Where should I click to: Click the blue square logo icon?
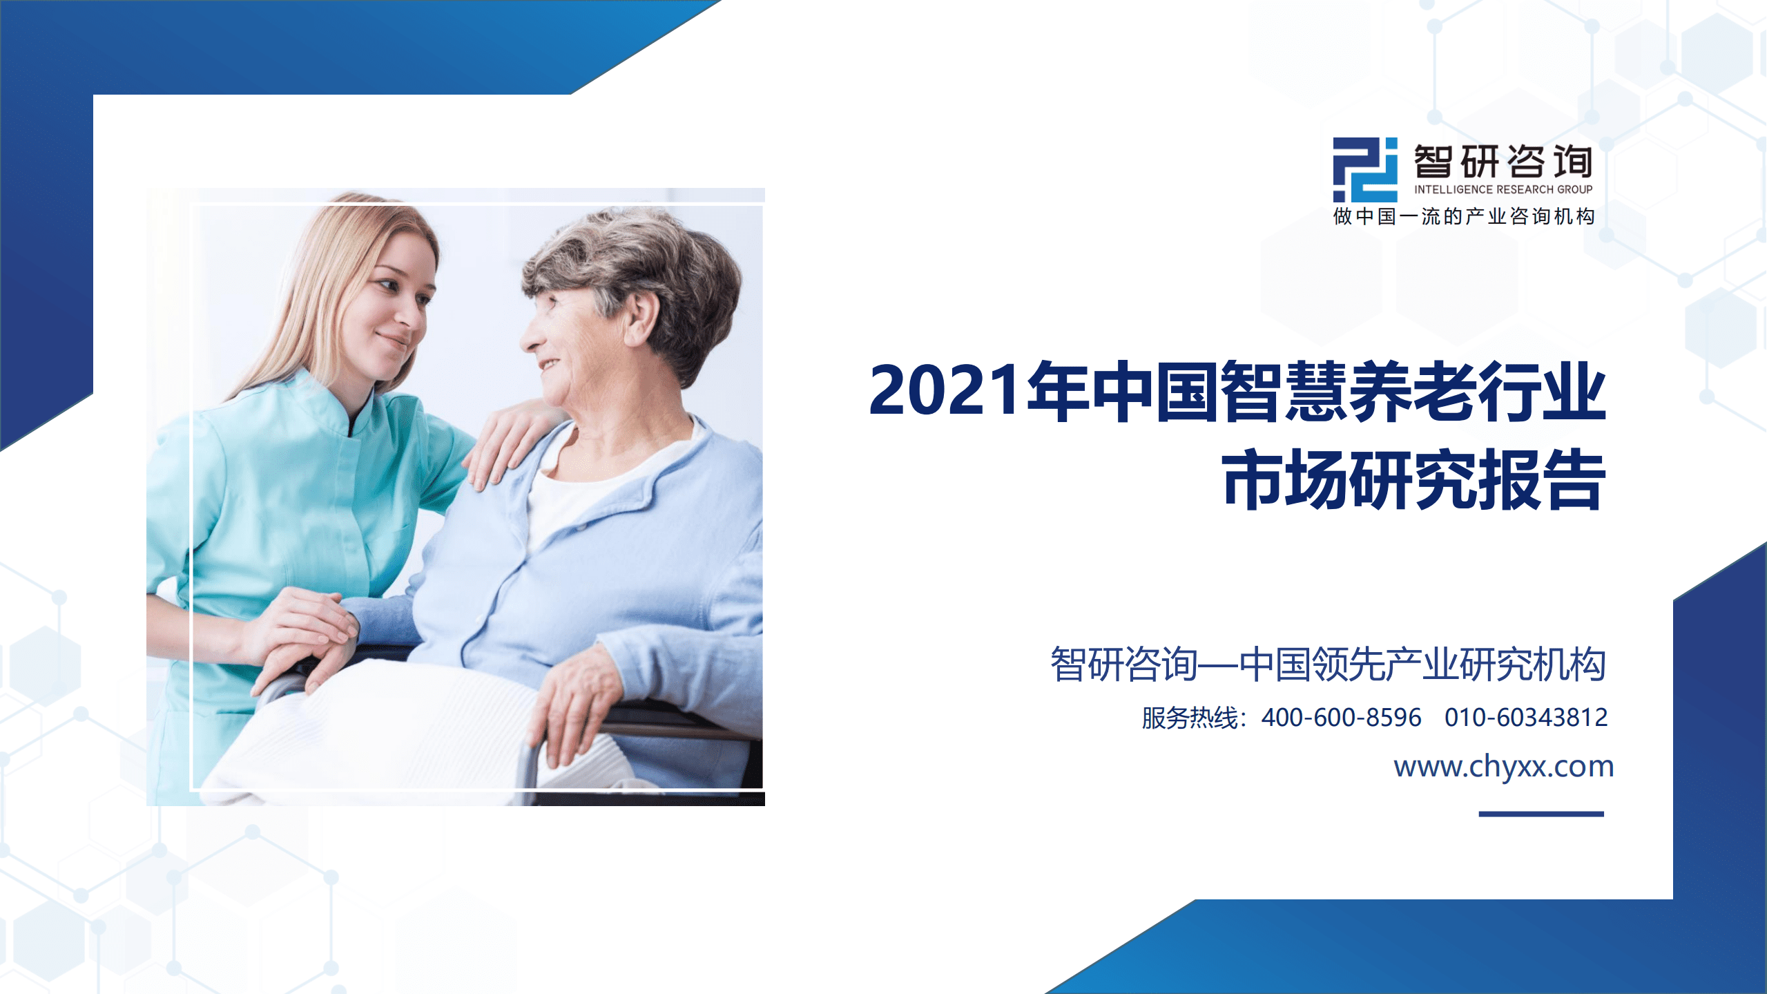pos(1364,169)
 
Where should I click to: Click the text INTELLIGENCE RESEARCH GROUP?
pos(1503,189)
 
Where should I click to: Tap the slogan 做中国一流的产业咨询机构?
pos(1464,217)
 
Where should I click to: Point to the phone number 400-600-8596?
pos(1341,718)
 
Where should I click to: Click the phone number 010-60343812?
pos(1526,718)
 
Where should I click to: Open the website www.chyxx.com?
pos(1503,767)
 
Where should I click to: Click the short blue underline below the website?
pos(1541,814)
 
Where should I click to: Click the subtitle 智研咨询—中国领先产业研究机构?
pos(1328,665)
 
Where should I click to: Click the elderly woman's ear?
pos(641,316)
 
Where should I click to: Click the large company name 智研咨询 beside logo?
pos(1503,162)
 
